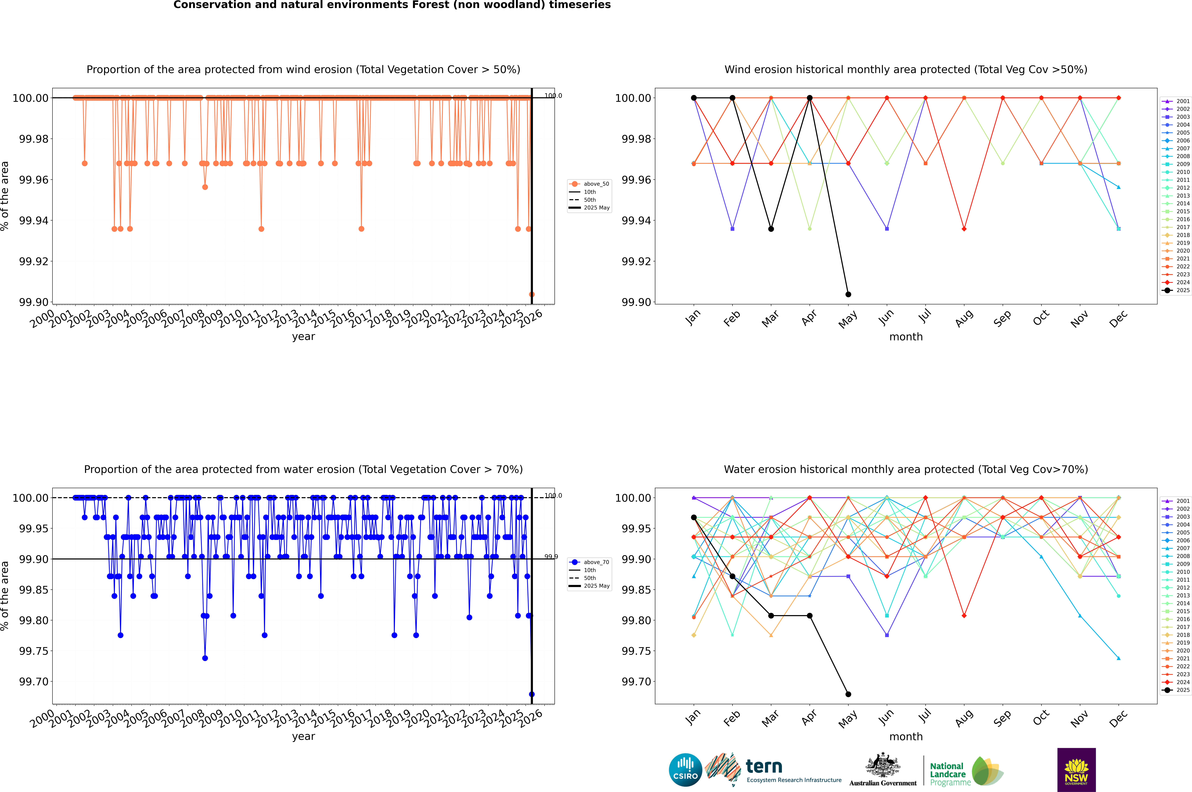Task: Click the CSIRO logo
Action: click(685, 770)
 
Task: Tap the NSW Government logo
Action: click(1076, 770)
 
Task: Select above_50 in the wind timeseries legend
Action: click(596, 184)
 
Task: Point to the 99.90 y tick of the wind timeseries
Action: click(34, 302)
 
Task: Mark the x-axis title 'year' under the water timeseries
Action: click(303, 736)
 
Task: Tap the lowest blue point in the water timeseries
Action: click(532, 694)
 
